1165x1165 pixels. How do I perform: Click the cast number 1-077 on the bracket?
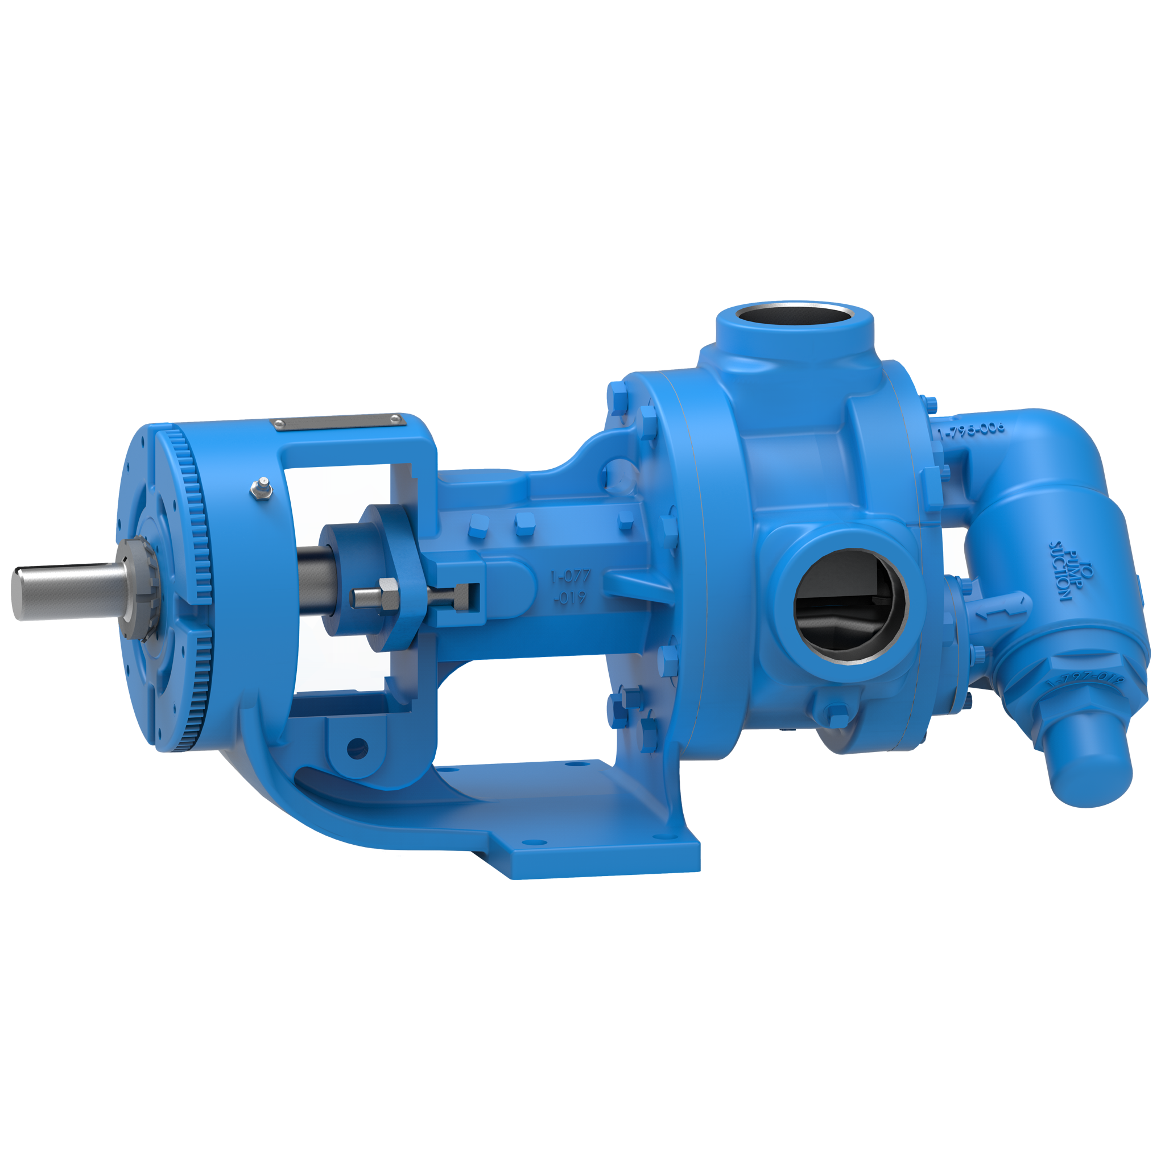pyautogui.click(x=571, y=577)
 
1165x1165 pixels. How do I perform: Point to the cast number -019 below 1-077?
pyautogui.click(x=571, y=599)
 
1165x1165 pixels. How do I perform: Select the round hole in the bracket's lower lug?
pyautogui.click(x=357, y=747)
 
